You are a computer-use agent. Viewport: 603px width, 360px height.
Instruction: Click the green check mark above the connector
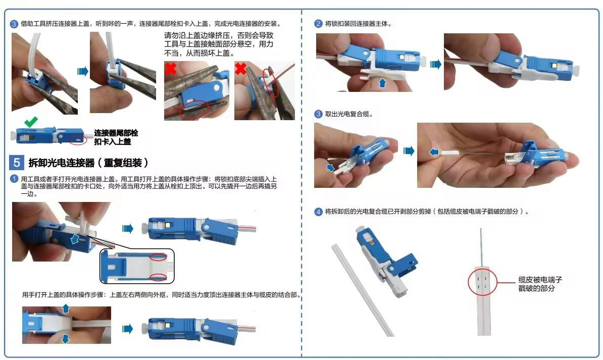tap(31, 122)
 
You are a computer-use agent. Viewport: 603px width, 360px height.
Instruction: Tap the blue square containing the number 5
tap(17, 163)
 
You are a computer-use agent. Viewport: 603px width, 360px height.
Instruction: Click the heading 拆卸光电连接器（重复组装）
tap(88, 163)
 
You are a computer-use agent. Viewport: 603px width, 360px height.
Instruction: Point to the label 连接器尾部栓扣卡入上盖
tap(116, 137)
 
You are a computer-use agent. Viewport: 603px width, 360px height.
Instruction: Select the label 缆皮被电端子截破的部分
tap(540, 284)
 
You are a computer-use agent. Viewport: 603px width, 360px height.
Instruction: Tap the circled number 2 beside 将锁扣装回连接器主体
tap(318, 24)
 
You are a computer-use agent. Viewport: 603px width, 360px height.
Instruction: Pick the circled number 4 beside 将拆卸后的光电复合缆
tap(318, 212)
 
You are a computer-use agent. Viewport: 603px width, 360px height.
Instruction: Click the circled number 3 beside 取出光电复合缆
tap(318, 114)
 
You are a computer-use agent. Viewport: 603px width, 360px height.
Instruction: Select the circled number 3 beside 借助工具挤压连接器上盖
tap(14, 24)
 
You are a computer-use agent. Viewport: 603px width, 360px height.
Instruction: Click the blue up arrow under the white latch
tap(382, 83)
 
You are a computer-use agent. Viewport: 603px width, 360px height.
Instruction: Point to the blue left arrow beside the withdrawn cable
tap(434, 152)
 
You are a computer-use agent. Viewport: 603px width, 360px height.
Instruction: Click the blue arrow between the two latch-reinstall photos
tap(435, 64)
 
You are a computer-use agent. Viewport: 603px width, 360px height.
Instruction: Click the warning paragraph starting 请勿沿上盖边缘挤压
tap(219, 44)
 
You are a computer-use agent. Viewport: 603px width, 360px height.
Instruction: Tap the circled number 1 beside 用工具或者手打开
tap(14, 179)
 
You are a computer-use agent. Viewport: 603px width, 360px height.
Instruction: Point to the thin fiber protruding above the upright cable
tap(481, 247)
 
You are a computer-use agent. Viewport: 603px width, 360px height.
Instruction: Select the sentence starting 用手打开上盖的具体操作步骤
tap(161, 295)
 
